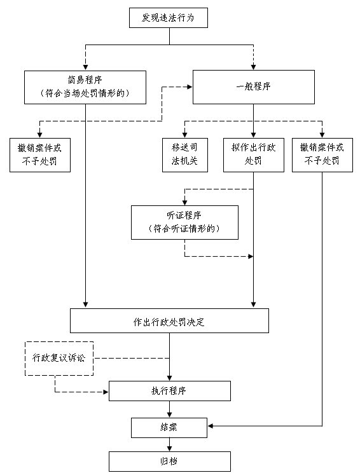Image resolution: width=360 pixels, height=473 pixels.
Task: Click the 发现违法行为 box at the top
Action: tap(169, 18)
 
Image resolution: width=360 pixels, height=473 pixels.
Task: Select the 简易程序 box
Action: tap(85, 88)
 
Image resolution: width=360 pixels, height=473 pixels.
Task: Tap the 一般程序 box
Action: tap(254, 87)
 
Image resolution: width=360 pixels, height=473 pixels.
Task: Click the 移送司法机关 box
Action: tap(185, 155)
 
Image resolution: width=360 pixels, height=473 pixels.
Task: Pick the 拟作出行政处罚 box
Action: tap(254, 155)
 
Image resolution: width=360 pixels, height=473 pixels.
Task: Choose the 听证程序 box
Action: tap(184, 223)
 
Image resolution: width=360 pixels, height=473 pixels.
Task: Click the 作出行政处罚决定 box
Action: tap(169, 320)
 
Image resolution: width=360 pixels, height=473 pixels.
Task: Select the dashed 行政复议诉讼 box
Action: tap(59, 359)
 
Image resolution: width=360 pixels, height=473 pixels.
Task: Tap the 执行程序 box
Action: tap(170, 391)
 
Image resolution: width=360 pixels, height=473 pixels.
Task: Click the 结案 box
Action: tap(169, 428)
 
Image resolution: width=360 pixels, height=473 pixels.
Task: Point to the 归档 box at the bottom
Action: tap(170, 462)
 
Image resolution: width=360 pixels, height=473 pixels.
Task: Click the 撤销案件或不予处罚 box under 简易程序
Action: tap(40, 155)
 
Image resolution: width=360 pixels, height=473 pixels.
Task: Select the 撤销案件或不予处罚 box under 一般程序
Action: tap(322, 155)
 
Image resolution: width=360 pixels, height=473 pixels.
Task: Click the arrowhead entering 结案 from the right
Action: tap(211, 426)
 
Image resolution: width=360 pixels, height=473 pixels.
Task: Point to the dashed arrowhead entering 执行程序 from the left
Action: tap(106, 392)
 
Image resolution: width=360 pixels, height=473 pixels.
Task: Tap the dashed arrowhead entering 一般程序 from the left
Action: tap(190, 87)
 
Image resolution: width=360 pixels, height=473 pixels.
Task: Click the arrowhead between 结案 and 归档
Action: tap(170, 449)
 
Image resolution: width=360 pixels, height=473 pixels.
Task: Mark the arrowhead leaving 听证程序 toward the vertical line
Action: tap(251, 256)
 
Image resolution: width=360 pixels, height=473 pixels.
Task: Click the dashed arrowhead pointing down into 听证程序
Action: tap(185, 203)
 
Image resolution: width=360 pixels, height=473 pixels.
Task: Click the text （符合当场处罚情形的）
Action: tap(85, 93)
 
